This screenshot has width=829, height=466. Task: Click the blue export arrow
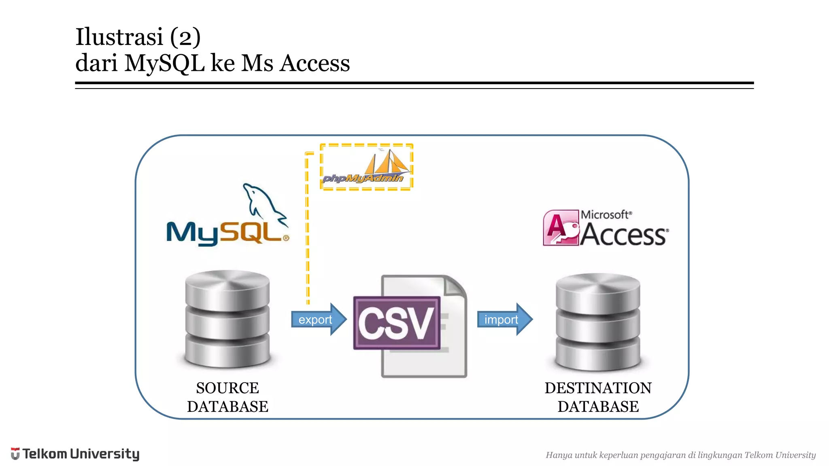318,319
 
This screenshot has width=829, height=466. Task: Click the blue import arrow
504,319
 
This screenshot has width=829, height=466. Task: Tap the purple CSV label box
396,322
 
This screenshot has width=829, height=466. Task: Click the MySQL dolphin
263,204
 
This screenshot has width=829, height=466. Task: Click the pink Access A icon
561,227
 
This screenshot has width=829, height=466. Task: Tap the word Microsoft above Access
605,214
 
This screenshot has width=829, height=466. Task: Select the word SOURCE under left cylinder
227,388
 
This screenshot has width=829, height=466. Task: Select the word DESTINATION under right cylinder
598,388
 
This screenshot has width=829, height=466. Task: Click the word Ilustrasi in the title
119,37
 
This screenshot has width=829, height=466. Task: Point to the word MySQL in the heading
164,64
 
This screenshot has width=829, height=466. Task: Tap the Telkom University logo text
81,454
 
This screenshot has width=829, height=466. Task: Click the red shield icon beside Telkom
15,453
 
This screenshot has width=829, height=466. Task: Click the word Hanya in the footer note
559,455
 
